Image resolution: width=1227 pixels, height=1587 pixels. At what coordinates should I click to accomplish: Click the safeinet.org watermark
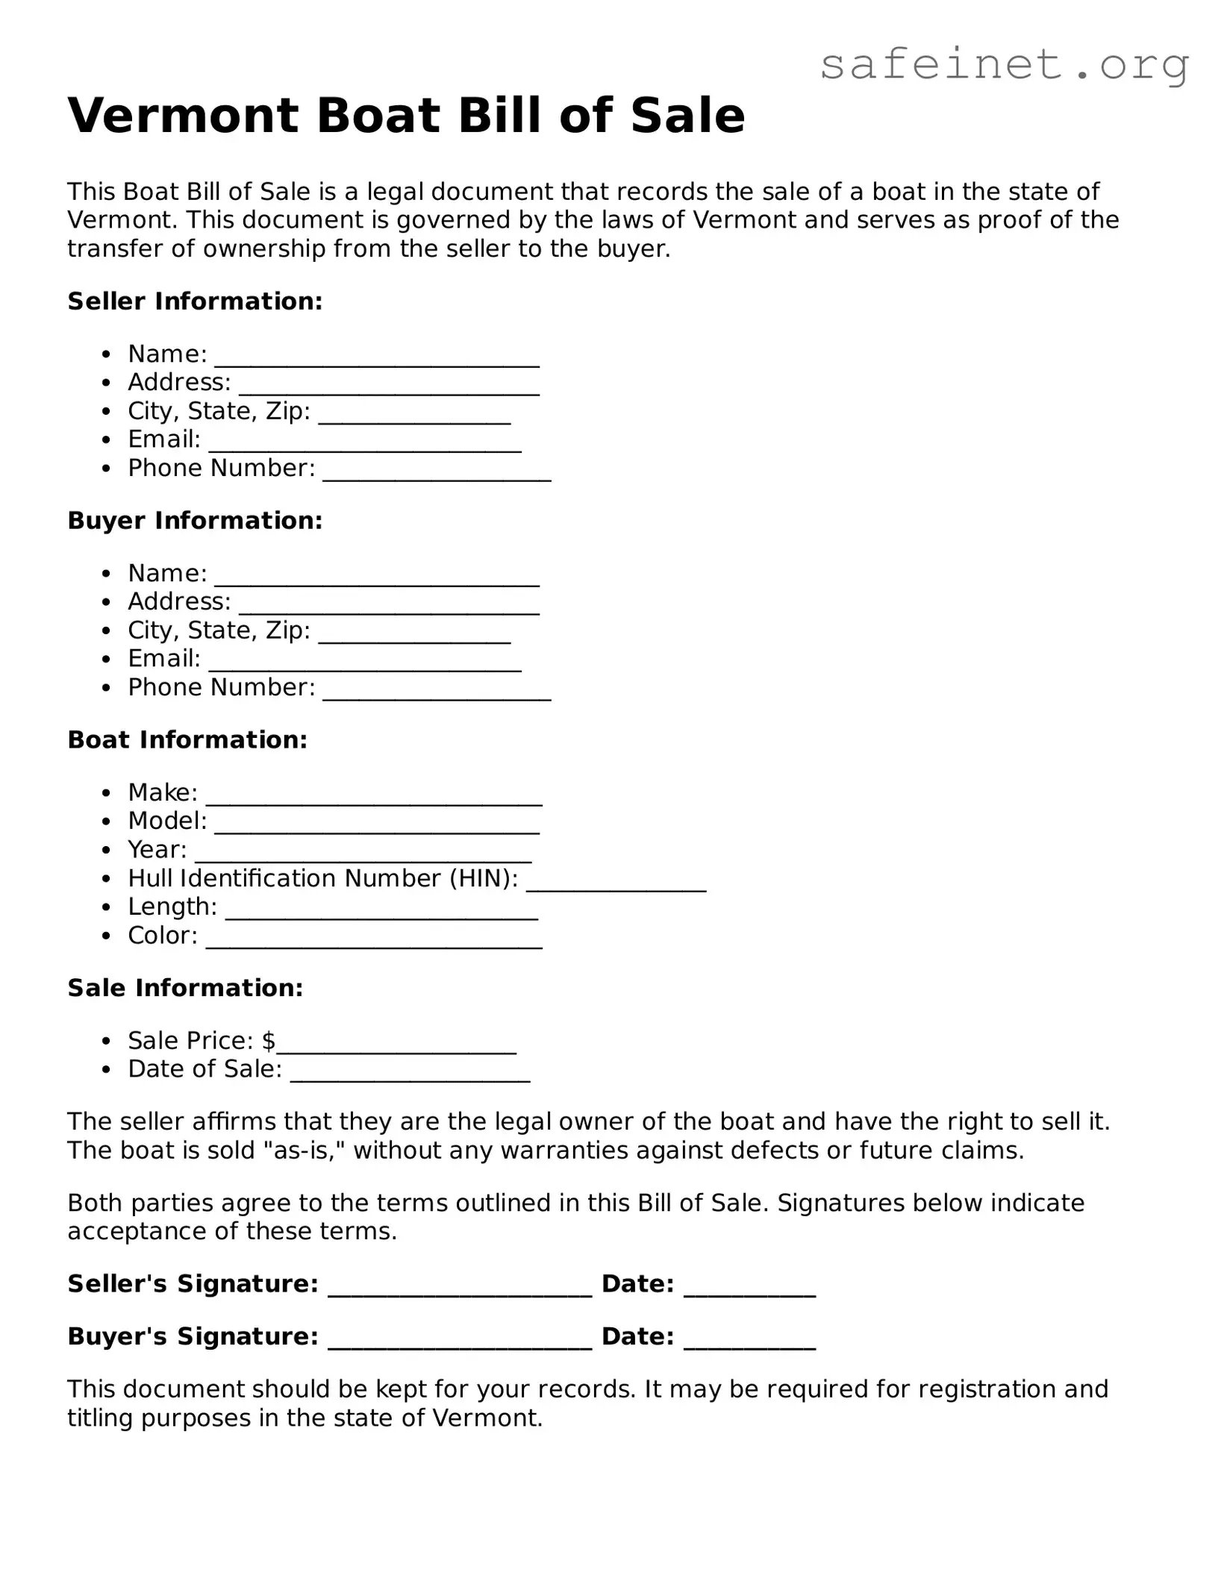pos(1004,66)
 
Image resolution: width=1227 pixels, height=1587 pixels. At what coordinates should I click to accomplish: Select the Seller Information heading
pos(195,301)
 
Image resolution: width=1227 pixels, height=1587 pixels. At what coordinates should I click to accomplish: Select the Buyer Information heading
pos(195,521)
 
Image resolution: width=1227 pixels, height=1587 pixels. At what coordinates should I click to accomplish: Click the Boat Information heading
pos(187,740)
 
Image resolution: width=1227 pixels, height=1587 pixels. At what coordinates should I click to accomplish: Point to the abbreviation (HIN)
pos(484,879)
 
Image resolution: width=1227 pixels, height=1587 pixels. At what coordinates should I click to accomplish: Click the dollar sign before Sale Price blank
pos(269,1041)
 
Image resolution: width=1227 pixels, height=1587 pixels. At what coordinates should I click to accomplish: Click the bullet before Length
pos(108,908)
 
